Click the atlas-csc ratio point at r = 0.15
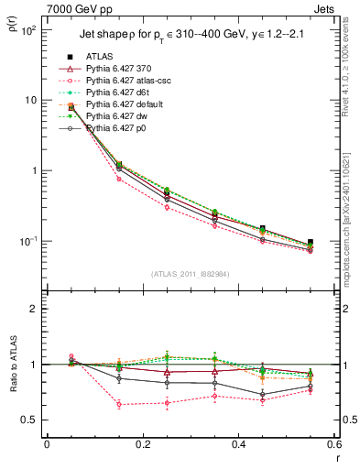[x=94, y=404]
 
